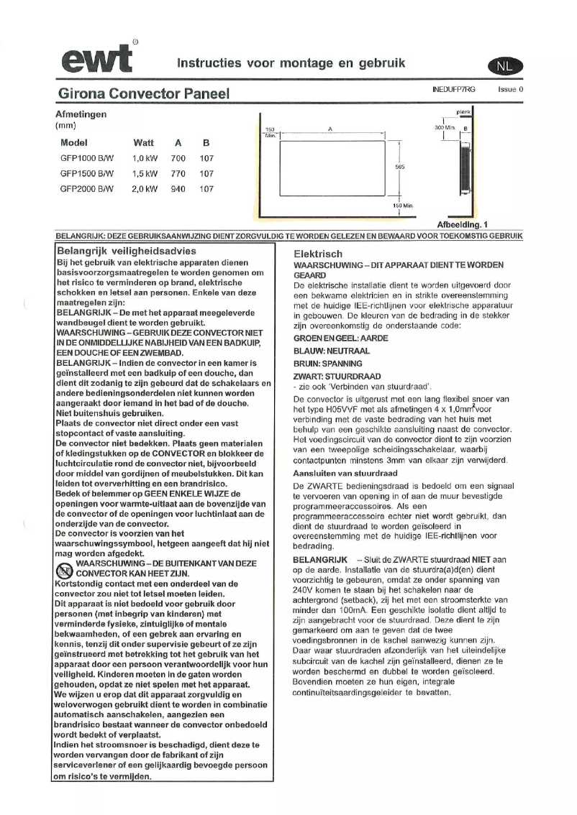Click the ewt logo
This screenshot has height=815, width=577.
click(97, 57)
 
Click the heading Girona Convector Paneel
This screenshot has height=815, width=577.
click(143, 93)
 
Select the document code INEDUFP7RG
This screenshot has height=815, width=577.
click(454, 90)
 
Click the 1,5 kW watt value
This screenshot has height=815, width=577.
click(145, 173)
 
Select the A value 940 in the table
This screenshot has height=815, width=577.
click(178, 189)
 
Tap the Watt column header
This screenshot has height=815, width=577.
click(144, 142)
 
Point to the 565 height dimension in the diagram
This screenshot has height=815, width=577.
click(401, 166)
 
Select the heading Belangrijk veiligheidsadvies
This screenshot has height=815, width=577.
click(126, 251)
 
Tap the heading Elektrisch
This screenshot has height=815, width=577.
click(318, 254)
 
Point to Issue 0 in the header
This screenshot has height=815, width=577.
click(510, 90)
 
